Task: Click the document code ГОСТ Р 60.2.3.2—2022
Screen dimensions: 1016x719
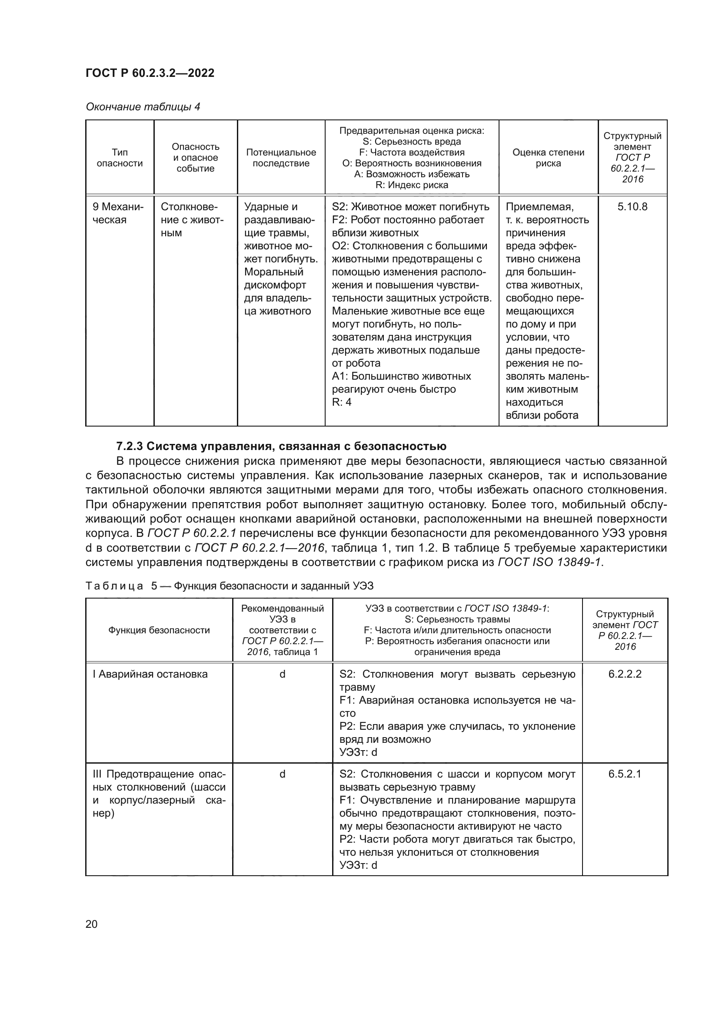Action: click(150, 73)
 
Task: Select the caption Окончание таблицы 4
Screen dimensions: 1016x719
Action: click(143, 107)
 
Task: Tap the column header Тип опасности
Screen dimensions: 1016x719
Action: click(120, 158)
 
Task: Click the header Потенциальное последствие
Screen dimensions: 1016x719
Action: click(281, 158)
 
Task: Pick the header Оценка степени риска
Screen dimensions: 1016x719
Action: click(548, 158)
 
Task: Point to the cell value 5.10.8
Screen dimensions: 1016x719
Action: click(632, 207)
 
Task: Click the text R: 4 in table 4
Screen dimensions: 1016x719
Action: click(342, 402)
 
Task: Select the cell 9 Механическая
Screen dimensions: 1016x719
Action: click(118, 213)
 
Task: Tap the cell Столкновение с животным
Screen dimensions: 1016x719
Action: click(192, 219)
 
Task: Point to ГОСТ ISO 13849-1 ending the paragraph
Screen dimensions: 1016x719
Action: click(550, 563)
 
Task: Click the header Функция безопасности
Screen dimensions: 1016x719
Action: click(159, 630)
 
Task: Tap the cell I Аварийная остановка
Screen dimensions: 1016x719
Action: click(150, 674)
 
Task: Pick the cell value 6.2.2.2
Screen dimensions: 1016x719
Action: click(625, 674)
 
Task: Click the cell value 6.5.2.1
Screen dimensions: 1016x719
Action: click(625, 774)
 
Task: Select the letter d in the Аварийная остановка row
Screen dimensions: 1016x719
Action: click(282, 674)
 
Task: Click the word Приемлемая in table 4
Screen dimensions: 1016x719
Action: click(539, 207)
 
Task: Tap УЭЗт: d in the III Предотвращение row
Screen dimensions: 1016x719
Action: click(358, 865)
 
